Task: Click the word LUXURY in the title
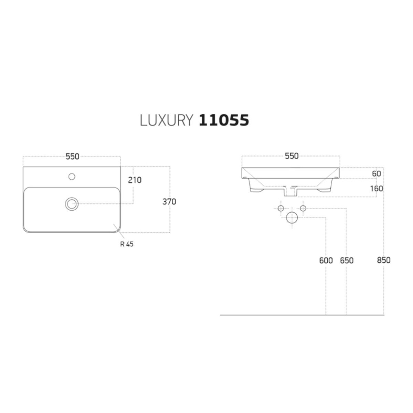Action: click(167, 120)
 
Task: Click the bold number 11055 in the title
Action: click(224, 120)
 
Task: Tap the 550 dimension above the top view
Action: click(72, 157)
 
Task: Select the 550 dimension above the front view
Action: click(292, 156)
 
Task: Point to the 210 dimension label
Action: click(135, 180)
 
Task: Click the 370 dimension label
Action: click(169, 202)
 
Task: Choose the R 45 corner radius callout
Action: click(127, 244)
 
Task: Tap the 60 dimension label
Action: click(377, 173)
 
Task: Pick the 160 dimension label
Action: click(377, 189)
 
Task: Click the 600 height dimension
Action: click(326, 261)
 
